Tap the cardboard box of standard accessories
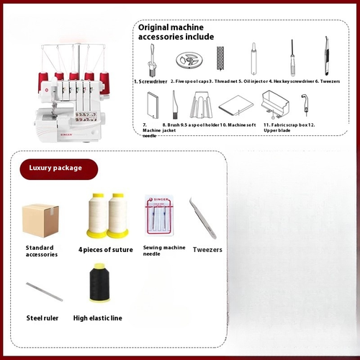pyautogui.click(x=40, y=217)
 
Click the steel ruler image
pyautogui.click(x=45, y=291)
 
